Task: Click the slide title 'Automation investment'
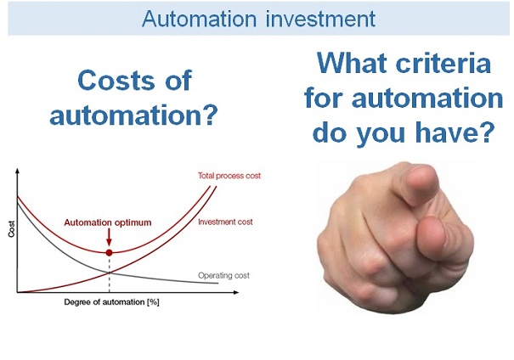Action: (257, 18)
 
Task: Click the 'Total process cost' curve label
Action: (228, 176)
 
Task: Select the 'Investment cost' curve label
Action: (225, 222)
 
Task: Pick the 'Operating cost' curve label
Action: (226, 275)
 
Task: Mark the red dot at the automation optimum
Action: (109, 252)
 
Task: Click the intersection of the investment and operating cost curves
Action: (109, 272)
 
